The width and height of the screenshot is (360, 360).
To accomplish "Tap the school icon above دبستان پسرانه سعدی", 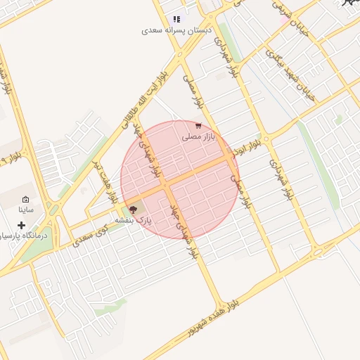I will click(176, 19).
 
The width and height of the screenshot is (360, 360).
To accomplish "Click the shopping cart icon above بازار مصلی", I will click(198, 125).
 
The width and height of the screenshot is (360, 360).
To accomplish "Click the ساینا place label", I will click(26, 210).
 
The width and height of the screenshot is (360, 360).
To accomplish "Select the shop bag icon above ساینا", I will click(26, 200).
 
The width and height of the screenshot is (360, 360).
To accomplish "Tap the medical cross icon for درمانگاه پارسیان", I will click(21, 226).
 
